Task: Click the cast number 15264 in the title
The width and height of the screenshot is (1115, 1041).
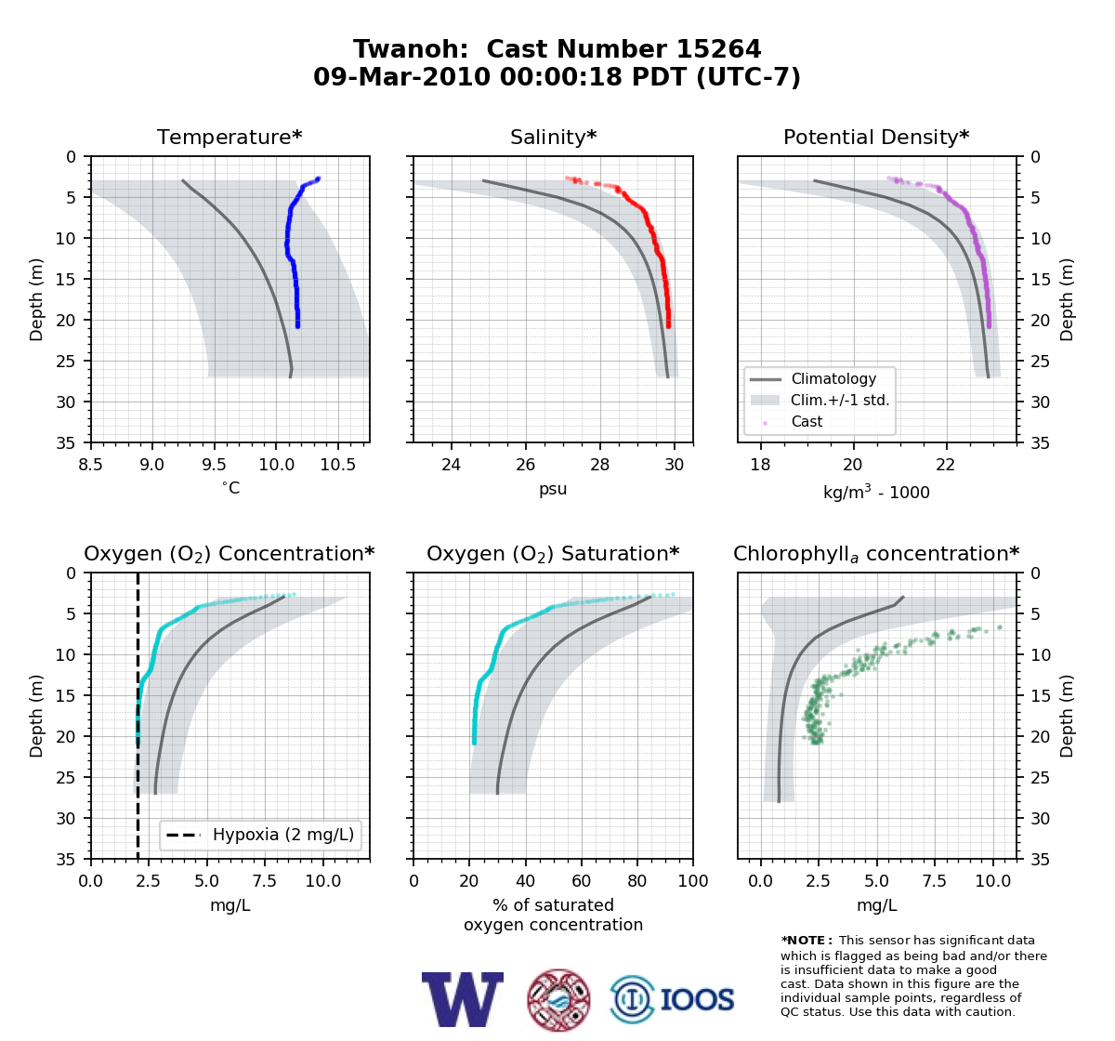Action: pyautogui.click(x=718, y=49)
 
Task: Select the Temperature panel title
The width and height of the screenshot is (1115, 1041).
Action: pyautogui.click(x=230, y=137)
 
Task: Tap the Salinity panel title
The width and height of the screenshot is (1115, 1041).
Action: pyautogui.click(x=554, y=137)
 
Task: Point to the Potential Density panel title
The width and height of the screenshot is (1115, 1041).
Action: pyautogui.click(x=876, y=137)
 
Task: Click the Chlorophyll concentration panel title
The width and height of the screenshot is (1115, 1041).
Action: pyautogui.click(x=876, y=554)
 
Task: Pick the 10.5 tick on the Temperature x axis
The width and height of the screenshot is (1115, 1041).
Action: pyautogui.click(x=337, y=465)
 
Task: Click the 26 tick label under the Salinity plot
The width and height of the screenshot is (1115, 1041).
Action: pyautogui.click(x=526, y=465)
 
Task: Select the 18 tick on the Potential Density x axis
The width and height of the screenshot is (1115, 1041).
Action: pyautogui.click(x=760, y=465)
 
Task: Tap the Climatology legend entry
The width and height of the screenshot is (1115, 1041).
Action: pyautogui.click(x=833, y=378)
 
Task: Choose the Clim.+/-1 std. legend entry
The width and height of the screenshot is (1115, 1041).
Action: pyautogui.click(x=840, y=400)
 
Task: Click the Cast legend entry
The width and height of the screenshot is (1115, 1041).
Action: pyautogui.click(x=807, y=421)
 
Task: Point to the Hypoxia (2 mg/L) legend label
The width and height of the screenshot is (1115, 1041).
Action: pyautogui.click(x=283, y=835)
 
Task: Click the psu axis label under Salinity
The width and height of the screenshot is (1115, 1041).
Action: pyautogui.click(x=553, y=489)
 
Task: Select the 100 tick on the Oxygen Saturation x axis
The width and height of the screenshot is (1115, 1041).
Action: pyautogui.click(x=693, y=881)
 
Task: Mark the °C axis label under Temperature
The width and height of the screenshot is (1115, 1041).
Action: pyautogui.click(x=230, y=488)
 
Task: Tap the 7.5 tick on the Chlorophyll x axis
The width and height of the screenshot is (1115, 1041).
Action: pyautogui.click(x=934, y=881)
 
